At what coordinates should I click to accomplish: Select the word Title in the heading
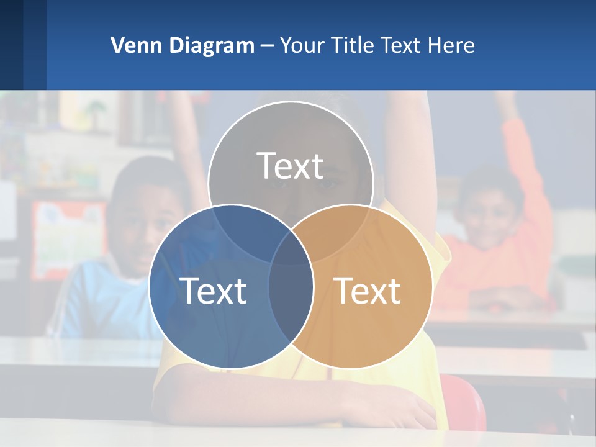352,45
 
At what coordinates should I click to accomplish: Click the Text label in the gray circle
291,166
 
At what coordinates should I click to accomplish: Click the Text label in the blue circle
213,291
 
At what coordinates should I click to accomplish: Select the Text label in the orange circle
368,291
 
